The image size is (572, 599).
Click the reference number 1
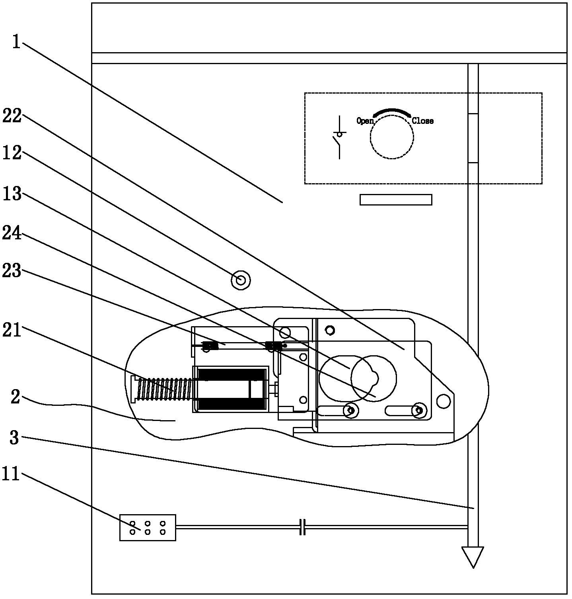[x=16, y=42]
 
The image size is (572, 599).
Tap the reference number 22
[x=12, y=116]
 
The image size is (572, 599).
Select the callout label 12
[x=12, y=153]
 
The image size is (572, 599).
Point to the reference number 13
[x=12, y=194]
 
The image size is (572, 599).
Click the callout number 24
[x=12, y=233]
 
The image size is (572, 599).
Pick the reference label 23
[x=12, y=271]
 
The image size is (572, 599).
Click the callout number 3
[x=15, y=438]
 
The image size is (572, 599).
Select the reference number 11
[x=11, y=474]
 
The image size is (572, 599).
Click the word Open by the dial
[x=365, y=121]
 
